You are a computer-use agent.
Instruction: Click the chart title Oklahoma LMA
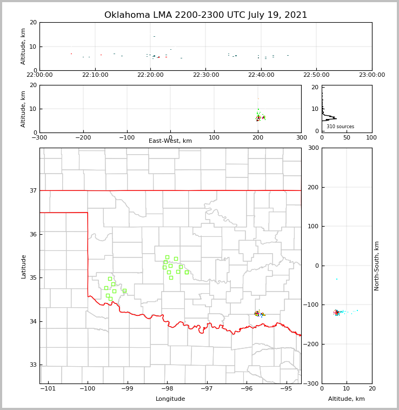[x=205, y=15]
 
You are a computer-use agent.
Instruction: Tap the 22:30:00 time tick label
[x=205, y=75]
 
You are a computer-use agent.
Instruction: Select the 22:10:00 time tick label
[x=95, y=75]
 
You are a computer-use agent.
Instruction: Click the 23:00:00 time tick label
[x=371, y=75]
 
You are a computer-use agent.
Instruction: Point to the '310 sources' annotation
[x=340, y=127]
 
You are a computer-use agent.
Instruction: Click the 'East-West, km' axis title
[x=170, y=141]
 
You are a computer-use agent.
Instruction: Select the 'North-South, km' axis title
[x=377, y=266]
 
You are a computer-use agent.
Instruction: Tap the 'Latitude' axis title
[x=23, y=266]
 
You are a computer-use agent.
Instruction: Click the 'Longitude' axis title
[x=170, y=399]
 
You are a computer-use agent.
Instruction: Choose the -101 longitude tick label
[x=48, y=388]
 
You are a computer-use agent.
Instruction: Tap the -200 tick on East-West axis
[x=83, y=137]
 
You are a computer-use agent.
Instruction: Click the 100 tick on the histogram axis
[x=371, y=137]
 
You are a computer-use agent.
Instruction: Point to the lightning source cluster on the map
[x=259, y=314]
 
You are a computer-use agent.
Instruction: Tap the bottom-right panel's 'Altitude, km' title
[x=347, y=399]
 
